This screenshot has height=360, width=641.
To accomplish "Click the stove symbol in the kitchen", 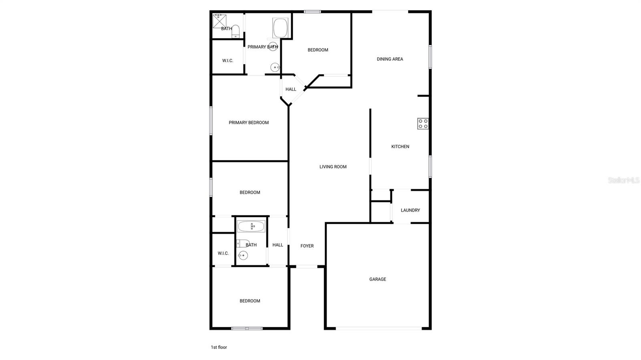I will pos(423,124).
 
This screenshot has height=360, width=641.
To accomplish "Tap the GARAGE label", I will pos(377,279).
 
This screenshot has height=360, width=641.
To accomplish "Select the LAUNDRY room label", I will pos(410,210).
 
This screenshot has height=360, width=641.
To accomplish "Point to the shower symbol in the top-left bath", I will pos(219,21).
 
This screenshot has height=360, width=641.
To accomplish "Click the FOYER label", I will pos(307,246).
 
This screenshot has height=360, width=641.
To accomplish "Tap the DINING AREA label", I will pos(390,59).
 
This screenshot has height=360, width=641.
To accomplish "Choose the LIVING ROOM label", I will pos(333,167).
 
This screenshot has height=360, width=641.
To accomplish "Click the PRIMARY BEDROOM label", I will pos(248,123).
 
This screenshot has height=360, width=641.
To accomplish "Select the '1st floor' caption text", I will pos(219,347).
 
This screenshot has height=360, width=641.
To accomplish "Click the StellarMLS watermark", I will pos(623,180).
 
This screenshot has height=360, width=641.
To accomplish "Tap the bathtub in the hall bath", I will pos(251,227).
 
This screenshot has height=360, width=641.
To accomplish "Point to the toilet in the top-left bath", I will pos(236,31).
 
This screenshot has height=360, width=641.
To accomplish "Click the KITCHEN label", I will pos(400,147).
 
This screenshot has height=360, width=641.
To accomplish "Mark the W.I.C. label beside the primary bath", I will pos(228,61).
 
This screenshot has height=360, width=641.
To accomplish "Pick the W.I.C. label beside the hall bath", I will pos(223,253).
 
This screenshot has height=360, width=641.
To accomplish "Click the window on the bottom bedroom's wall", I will pos(247,328).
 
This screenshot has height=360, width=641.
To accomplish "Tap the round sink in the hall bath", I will pos(242,255).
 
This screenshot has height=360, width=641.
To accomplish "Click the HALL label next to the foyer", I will pos(278,245).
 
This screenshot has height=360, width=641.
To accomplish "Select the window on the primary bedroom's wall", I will pos(211,120).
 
